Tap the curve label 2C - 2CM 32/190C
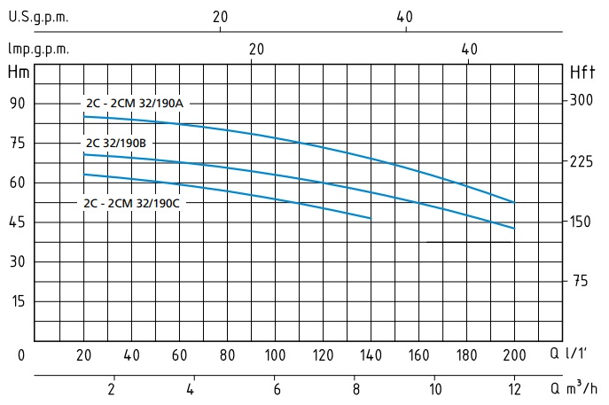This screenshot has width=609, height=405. [133, 203]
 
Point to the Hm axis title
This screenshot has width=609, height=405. [18, 72]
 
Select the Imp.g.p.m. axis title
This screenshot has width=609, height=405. [38, 50]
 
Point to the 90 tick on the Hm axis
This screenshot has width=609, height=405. [18, 104]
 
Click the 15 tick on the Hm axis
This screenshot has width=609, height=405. [18, 301]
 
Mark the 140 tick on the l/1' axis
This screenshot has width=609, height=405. [371, 355]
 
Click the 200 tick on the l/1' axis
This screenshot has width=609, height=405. [514, 355]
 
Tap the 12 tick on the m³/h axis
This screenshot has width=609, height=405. [514, 388]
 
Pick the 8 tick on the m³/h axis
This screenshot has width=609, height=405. [355, 388]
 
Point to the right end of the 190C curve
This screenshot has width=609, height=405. [371, 218]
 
